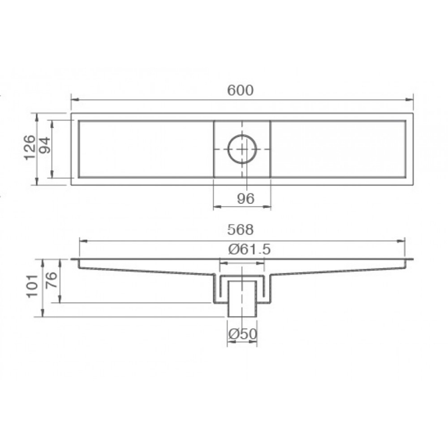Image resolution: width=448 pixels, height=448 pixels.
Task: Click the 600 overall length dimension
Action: pos(240,90)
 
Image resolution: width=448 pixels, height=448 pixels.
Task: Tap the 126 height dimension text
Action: pos(30,148)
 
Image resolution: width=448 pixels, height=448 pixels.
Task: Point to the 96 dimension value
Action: pos(245,199)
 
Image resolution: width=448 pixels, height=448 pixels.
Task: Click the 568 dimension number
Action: pos(240,230)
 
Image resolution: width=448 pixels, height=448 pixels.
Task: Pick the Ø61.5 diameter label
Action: pos(249,249)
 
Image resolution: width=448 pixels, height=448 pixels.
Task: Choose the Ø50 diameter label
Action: pos(243,334)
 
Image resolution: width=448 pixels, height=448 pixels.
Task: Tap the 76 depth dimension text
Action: pos(52,280)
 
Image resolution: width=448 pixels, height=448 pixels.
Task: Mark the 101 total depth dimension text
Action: pos(32,286)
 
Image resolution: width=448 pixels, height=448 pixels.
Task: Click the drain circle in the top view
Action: pos(242,135)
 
